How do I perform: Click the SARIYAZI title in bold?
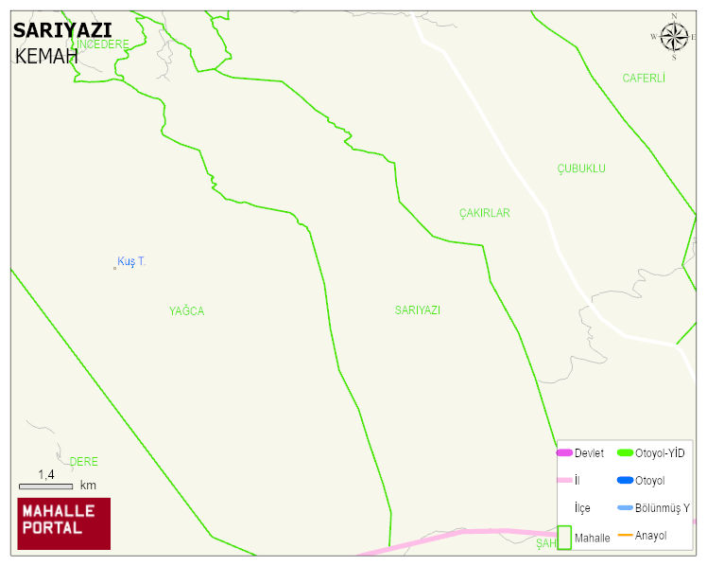coord(62,29)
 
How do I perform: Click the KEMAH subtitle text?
coord(46,56)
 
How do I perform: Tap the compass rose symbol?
coord(674,37)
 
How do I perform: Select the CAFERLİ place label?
coord(644,79)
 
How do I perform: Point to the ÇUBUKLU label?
coord(581,168)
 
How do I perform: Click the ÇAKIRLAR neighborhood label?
coord(484,213)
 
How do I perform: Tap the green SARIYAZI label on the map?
coord(418,310)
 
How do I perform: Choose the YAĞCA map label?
coord(186,311)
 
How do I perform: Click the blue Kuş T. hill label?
coord(131,261)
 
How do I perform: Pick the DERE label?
coord(83,462)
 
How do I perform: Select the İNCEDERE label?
coord(103,44)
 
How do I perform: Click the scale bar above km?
coord(45,486)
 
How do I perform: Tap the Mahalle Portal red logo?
coord(64,523)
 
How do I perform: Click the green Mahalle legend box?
coord(564,538)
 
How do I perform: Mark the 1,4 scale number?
coord(45,474)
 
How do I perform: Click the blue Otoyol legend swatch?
coord(624,481)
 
